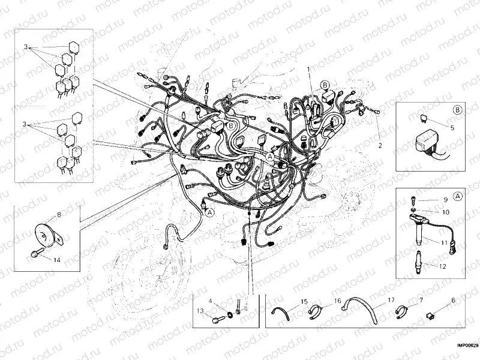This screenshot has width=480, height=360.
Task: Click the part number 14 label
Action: click(57, 260)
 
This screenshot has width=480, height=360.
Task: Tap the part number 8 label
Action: click(59, 214)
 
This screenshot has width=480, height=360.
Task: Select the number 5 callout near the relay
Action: click(452, 127)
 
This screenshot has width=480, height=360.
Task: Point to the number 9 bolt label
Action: click(445, 199)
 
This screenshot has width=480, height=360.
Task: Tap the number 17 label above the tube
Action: click(391, 300)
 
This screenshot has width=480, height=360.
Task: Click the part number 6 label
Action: click(453, 300)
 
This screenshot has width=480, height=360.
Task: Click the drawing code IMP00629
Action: click(467, 346)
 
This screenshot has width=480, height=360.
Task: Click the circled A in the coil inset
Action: click(457, 196)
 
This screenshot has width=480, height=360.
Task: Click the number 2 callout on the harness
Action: click(379, 145)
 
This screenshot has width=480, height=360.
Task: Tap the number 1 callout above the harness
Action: click(308, 70)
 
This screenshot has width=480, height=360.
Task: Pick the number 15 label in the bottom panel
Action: click(304, 300)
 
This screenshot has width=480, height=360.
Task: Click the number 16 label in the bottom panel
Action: click(337, 300)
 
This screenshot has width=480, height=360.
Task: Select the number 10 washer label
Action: click(445, 212)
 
